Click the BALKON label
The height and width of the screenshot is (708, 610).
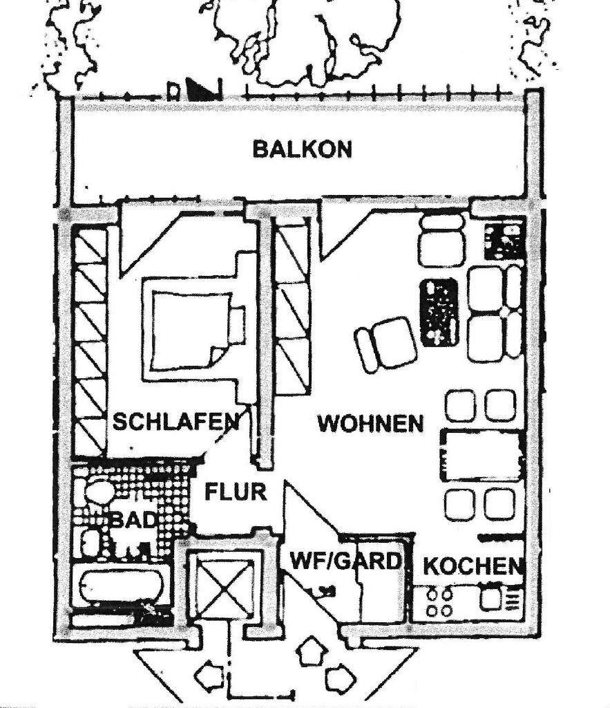click(302, 149)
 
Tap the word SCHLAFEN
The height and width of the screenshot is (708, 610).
click(175, 421)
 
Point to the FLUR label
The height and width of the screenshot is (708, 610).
click(236, 492)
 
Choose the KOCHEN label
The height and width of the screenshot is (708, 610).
click(473, 566)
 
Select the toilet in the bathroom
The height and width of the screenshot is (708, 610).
click(100, 492)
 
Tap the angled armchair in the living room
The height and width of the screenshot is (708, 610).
click(386, 343)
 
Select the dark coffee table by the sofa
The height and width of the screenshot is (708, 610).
click(438, 312)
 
